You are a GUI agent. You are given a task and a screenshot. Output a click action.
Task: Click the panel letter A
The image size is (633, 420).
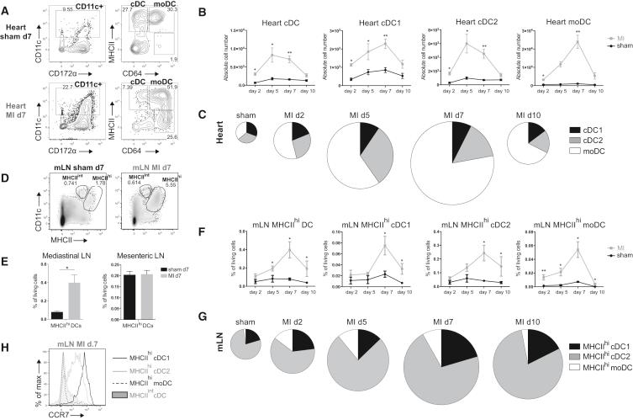pyautogui.click(x=7, y=7)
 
